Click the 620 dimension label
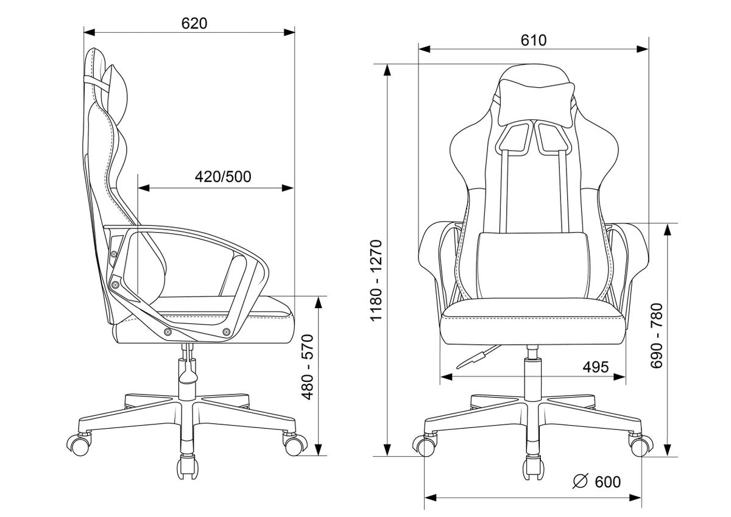194,24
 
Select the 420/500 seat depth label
223,177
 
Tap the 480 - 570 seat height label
308,367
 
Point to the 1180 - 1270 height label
376,281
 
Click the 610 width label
534,40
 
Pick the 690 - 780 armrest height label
657,336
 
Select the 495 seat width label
596,367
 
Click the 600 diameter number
608,482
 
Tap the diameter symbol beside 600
580,481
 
